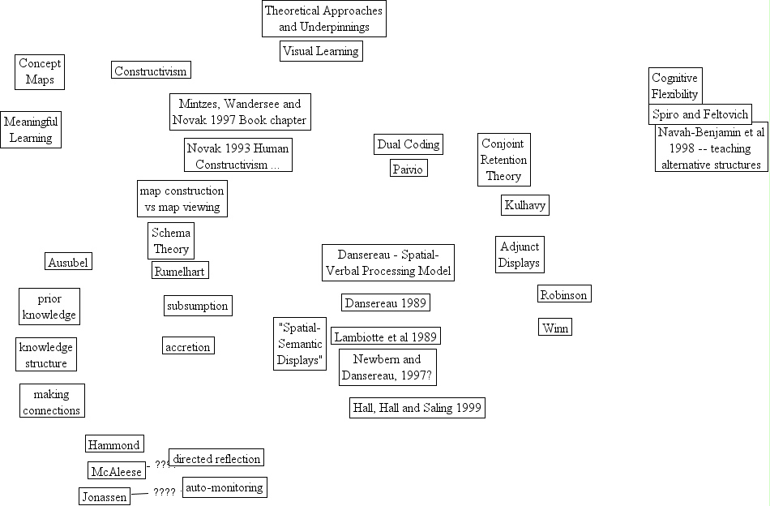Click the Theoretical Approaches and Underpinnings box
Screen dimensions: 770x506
click(323, 19)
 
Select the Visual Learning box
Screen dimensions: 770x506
click(320, 51)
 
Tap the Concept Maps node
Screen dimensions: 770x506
click(40, 71)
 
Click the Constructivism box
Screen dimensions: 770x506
click(151, 71)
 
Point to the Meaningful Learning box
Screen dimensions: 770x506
click(31, 130)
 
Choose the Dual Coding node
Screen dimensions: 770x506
click(409, 144)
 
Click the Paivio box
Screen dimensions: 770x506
click(409, 169)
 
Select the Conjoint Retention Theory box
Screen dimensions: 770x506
click(504, 160)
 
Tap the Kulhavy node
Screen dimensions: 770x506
click(525, 205)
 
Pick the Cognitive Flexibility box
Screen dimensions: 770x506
click(674, 86)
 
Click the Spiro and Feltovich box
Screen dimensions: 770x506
click(701, 114)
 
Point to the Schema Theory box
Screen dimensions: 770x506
click(171, 241)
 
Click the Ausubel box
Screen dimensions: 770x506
click(67, 262)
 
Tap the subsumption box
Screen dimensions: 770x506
click(197, 306)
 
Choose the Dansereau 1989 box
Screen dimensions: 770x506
click(385, 302)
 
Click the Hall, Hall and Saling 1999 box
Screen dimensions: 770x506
click(417, 408)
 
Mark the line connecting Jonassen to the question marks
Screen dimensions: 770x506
click(140, 493)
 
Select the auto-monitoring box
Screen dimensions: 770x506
click(224, 487)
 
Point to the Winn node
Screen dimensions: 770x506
click(555, 327)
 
